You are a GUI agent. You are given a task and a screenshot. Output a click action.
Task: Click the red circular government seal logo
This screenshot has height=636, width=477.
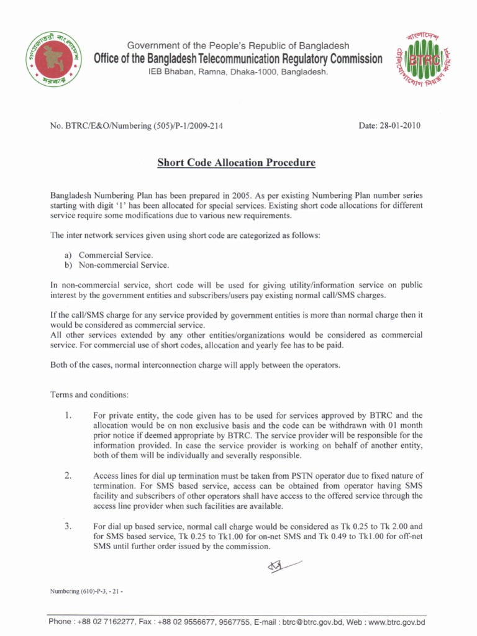pos(53,61)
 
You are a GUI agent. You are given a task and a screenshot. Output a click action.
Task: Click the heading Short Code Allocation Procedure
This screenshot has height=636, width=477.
pos(236,163)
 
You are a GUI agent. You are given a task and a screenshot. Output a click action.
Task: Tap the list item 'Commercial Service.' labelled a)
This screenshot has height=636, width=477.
pos(116,255)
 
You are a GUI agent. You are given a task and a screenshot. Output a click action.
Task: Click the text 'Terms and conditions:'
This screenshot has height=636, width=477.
pos(89,395)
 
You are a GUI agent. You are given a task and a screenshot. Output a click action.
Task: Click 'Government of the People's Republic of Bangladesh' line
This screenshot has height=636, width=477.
pos(238,46)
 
